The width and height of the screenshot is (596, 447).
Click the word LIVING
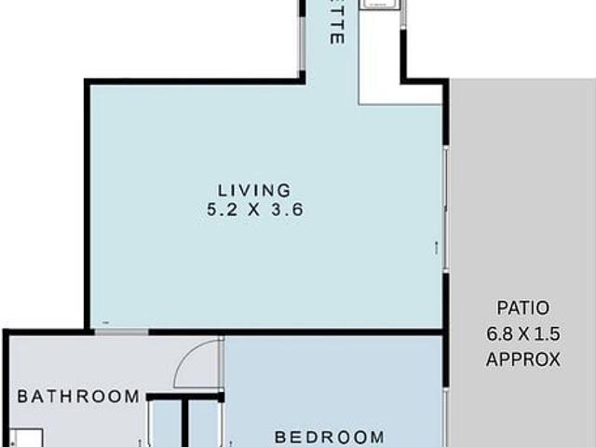[255, 190]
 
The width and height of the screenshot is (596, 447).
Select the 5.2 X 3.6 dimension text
[255, 210]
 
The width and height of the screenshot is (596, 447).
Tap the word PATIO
[522, 307]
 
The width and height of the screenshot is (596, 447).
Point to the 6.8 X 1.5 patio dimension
[522, 332]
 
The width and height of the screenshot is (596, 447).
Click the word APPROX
[522, 358]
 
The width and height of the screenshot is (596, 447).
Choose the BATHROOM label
[79, 397]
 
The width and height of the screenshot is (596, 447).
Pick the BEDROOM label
[329, 436]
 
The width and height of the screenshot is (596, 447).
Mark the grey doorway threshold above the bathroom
[121, 332]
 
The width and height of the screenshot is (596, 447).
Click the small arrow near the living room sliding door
[435, 247]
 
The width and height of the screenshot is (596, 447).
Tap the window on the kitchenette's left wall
[302, 37]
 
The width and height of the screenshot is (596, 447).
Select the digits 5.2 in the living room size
[222, 210]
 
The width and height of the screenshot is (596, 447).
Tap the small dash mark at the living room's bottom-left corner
[106, 322]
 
